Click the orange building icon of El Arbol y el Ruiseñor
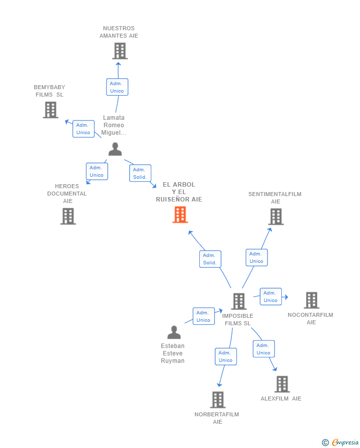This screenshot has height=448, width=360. [x=180, y=215]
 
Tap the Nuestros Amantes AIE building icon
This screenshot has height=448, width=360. [x=120, y=51]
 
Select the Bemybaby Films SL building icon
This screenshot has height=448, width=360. [x=50, y=110]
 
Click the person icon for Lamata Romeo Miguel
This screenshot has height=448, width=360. [x=115, y=149]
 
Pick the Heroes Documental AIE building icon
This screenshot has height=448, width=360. [x=68, y=216]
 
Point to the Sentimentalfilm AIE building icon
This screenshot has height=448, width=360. [x=276, y=216]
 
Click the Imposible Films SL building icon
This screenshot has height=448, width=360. [x=239, y=301]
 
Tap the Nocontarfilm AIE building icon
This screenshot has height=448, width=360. [x=312, y=300]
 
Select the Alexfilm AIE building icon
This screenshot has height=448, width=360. [x=282, y=384]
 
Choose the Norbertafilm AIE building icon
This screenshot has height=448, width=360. [x=218, y=399]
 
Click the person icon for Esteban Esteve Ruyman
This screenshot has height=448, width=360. [x=174, y=332]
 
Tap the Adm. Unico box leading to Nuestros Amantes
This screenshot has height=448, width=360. [x=117, y=87]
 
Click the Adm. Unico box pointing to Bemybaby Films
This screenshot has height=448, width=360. [x=84, y=129]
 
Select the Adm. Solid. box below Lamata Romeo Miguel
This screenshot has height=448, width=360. [x=140, y=173]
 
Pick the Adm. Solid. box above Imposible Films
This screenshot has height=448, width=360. [x=210, y=259]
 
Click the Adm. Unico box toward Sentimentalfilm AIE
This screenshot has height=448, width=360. [x=257, y=257]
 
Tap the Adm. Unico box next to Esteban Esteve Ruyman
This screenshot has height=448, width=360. [x=203, y=316]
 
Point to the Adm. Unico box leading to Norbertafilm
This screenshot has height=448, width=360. [x=225, y=356]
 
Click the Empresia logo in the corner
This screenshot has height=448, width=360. [x=341, y=442]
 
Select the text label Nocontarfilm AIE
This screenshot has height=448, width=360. [x=311, y=319]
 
